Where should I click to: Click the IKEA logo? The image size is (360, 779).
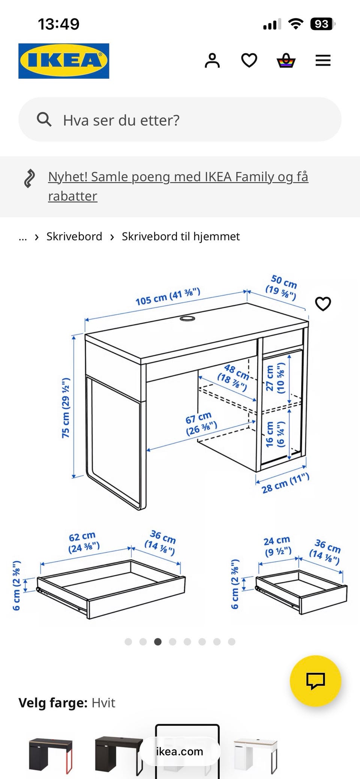[64, 61]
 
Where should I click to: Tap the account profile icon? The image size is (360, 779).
[212, 60]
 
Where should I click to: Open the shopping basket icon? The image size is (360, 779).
[286, 60]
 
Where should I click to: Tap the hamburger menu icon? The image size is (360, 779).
[323, 60]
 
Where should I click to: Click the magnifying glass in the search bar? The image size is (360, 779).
[44, 120]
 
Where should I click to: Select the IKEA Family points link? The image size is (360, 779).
[178, 186]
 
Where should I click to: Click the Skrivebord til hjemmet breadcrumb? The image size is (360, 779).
[181, 237]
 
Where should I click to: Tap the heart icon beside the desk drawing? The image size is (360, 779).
[323, 304]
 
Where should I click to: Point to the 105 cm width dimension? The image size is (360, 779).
[168, 297]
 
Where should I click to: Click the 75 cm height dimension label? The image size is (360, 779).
[66, 408]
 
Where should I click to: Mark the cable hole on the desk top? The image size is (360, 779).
[187, 319]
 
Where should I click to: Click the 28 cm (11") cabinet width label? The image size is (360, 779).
[285, 483]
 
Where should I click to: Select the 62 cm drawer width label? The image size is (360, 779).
[84, 542]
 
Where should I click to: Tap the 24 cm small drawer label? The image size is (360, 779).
[277, 546]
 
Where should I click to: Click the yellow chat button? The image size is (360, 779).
[315, 681]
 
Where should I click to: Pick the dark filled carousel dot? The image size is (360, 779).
[158, 642]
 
